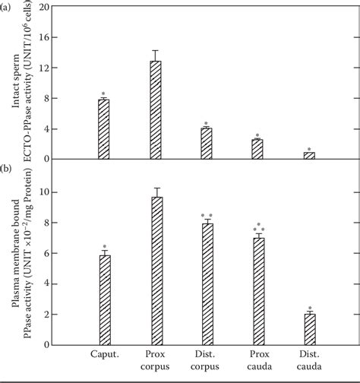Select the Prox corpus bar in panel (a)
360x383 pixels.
click(x=156, y=110)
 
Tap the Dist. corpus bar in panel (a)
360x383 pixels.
click(x=206, y=144)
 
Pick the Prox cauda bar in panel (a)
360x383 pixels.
click(x=257, y=149)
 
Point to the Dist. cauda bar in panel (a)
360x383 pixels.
click(x=309, y=156)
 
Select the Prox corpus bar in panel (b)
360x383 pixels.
click(x=156, y=271)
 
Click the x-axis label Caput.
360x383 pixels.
click(x=103, y=355)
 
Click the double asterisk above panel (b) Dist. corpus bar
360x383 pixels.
click(x=207, y=215)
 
